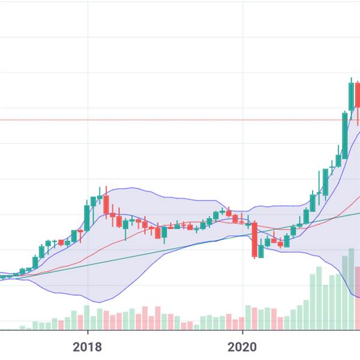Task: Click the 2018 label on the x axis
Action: coord(88,347)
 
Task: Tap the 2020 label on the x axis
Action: coord(242,347)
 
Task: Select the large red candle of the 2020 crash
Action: coord(254,240)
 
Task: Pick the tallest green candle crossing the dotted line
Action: coord(345,135)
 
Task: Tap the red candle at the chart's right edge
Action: coord(358,95)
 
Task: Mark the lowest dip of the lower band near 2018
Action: coord(99,302)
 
